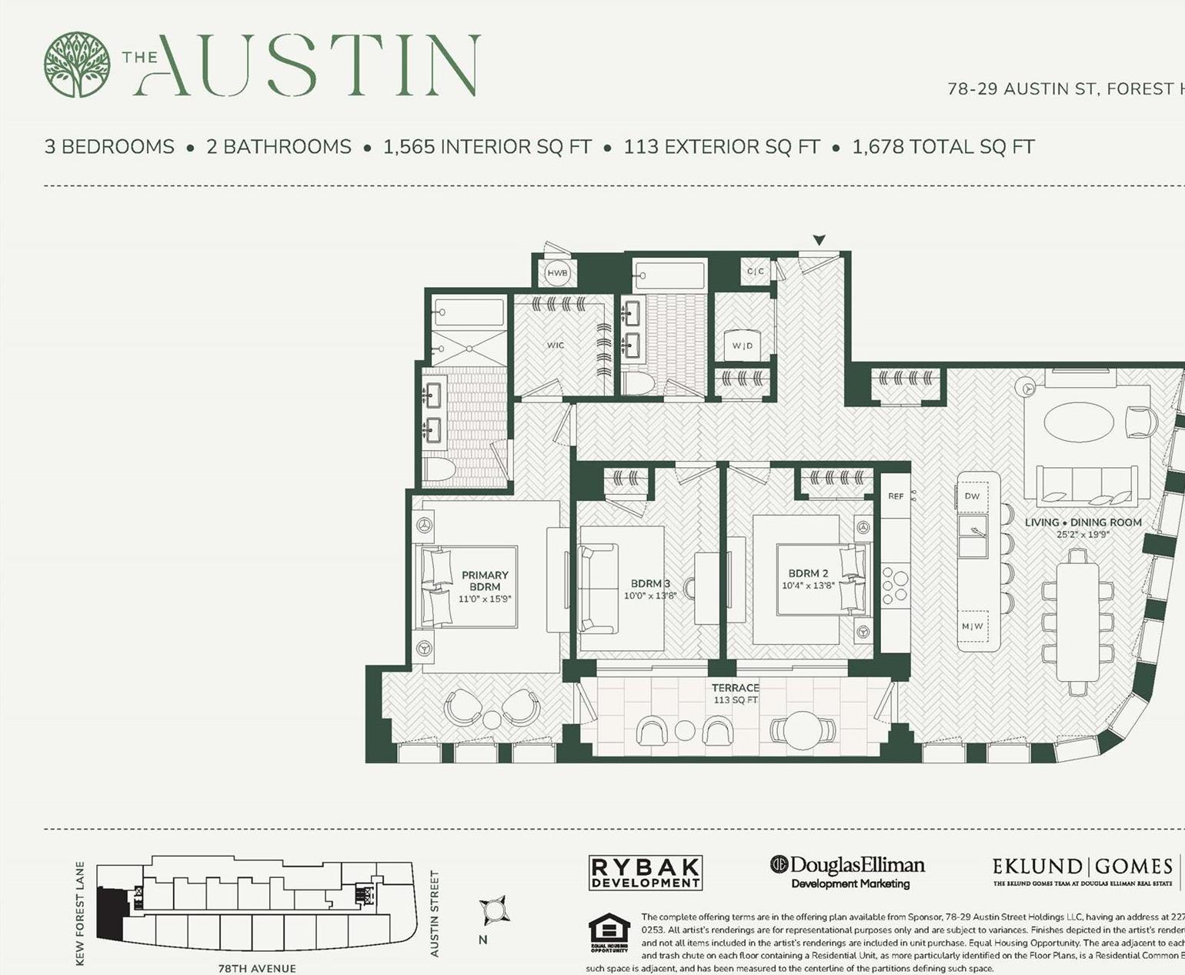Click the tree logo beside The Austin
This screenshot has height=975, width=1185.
coord(76,65)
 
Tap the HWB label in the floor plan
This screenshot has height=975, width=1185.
coord(557,273)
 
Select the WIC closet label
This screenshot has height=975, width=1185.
coord(556,346)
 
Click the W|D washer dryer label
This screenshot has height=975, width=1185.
coord(743,346)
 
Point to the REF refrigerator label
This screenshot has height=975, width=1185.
coord(896,496)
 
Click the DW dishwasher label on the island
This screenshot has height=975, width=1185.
coord(972,496)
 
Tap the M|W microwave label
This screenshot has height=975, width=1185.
coord(972,626)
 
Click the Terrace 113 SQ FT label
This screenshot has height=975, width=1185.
coord(735,693)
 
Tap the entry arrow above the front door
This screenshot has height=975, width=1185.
coord(819,240)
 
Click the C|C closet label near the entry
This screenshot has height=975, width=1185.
coord(756,271)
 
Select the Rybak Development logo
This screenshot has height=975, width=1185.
coord(645,873)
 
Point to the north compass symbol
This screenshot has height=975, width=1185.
coord(492,911)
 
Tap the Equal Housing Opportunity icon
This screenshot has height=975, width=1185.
coord(609,933)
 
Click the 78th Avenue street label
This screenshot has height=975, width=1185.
coord(257,968)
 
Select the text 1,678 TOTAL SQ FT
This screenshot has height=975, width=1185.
coord(943,147)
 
